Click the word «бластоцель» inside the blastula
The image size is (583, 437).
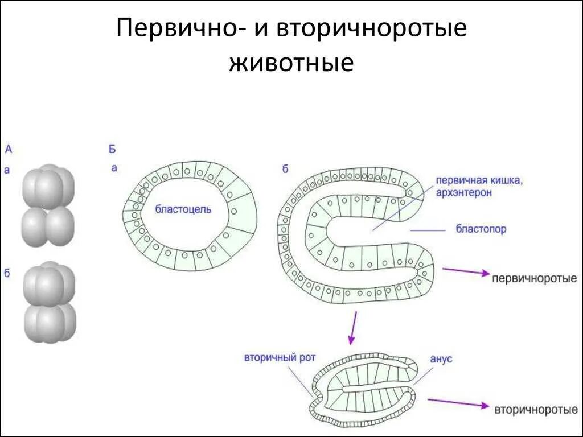183,209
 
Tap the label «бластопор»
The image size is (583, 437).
481,230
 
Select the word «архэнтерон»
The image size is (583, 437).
464,193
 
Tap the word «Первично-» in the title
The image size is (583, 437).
177,29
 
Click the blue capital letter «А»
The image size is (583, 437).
9,150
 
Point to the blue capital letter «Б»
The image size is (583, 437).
112,150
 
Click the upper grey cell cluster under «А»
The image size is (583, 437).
48,205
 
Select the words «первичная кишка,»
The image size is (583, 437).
479,180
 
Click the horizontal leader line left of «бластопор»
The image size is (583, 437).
427,230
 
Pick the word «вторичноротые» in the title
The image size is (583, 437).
372,29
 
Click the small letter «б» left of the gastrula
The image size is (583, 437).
285,168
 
